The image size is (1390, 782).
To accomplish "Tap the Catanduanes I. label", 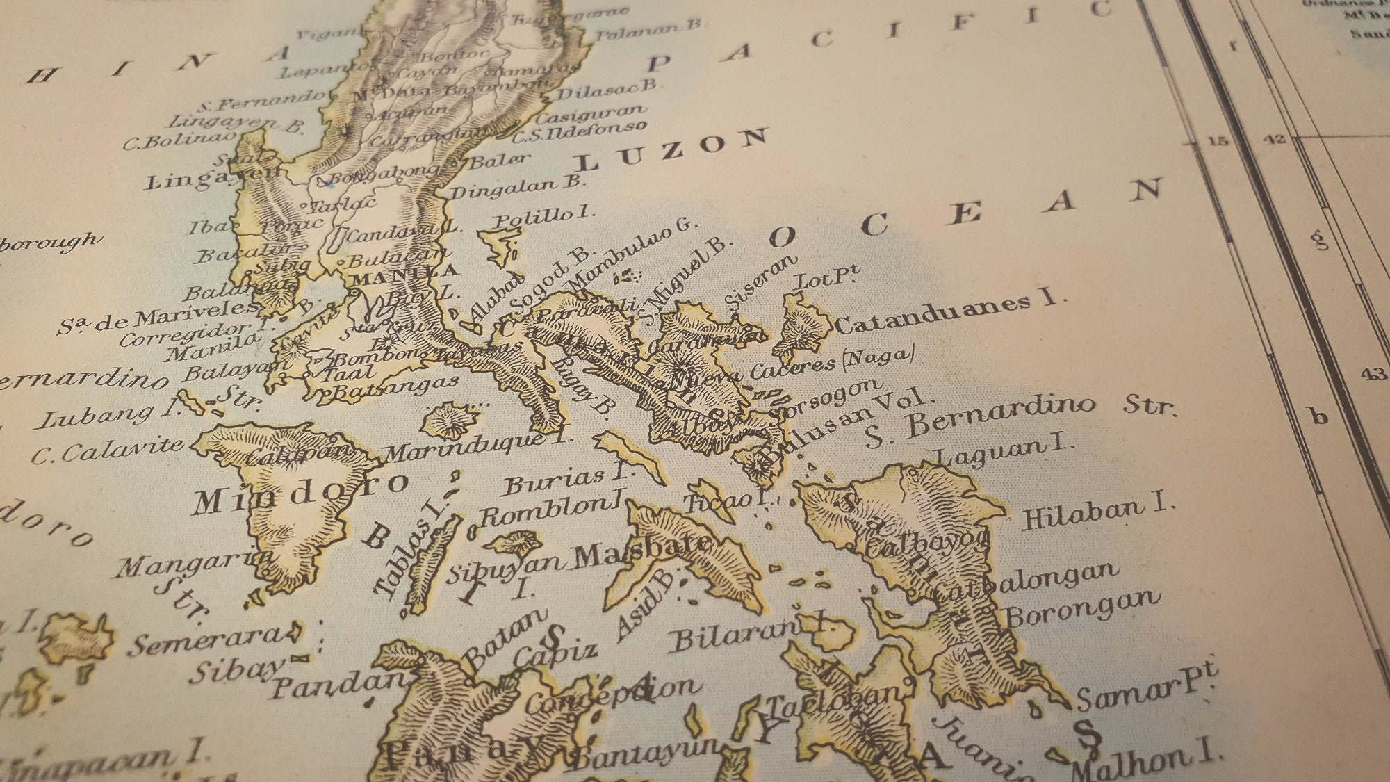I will (949, 311).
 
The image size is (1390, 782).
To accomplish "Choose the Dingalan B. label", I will (518, 187).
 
